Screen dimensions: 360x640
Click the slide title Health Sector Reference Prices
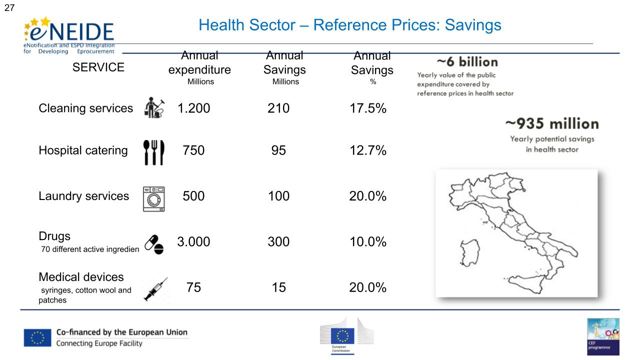pyautogui.click(x=349, y=25)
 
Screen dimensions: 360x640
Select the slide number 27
pyautogui.click(x=9, y=7)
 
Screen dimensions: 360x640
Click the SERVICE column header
pyautogui.click(x=98, y=67)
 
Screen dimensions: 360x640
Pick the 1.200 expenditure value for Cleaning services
pyautogui.click(x=193, y=108)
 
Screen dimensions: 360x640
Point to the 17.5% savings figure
pyautogui.click(x=367, y=108)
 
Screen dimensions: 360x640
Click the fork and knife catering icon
pyautogui.click(x=153, y=151)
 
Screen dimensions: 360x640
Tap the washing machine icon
pyautogui.click(x=153, y=198)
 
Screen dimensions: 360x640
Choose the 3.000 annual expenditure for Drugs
pyautogui.click(x=193, y=242)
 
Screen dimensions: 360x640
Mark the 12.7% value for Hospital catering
pyautogui.click(x=367, y=150)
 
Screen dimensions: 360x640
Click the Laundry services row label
pyautogui.click(x=84, y=196)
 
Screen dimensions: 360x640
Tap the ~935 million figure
pyautogui.click(x=551, y=123)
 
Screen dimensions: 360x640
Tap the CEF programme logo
pyautogui.click(x=603, y=336)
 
